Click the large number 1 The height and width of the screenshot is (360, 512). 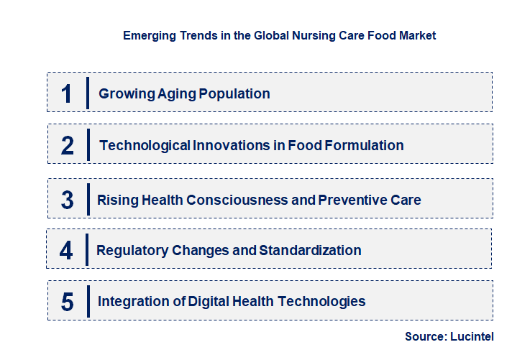coord(66,94)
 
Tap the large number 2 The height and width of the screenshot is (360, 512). coord(68,146)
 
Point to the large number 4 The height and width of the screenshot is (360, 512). coord(66,251)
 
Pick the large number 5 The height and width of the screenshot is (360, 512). coord(67,302)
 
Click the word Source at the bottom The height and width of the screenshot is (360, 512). coord(426,336)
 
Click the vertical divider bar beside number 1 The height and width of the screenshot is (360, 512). coord(87,93)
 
